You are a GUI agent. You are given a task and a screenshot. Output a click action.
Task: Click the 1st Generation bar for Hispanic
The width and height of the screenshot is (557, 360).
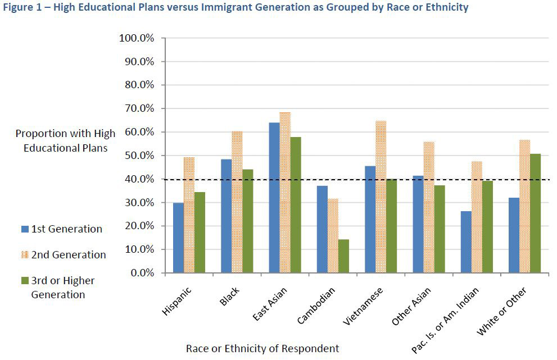178,238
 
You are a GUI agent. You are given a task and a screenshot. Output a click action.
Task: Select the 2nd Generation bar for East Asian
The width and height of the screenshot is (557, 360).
285,193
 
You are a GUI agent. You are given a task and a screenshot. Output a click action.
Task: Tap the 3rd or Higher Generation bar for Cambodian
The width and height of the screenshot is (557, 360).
343,256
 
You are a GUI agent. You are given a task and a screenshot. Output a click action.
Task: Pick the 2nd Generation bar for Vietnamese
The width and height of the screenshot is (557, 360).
381,197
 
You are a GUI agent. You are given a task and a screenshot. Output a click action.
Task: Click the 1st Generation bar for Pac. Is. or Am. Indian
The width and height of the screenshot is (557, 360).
466,242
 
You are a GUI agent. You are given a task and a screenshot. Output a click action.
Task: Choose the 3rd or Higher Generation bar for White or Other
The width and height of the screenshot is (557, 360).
535,213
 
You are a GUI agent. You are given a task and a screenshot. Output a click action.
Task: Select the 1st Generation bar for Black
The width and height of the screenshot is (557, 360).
226,216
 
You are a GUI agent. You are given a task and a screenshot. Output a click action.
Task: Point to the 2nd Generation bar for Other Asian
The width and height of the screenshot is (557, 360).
428,207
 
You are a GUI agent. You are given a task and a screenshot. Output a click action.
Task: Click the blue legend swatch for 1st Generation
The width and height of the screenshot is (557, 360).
24,229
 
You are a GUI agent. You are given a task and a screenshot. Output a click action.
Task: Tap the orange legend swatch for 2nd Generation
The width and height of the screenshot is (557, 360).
24,255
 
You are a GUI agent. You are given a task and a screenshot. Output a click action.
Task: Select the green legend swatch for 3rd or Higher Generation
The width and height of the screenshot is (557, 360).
24,281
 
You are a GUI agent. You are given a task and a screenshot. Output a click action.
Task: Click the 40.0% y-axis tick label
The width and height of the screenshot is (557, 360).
139,179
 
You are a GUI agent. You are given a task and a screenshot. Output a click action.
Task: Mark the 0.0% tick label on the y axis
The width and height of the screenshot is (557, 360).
141,273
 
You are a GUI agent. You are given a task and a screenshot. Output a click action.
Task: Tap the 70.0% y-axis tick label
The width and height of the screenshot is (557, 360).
139,108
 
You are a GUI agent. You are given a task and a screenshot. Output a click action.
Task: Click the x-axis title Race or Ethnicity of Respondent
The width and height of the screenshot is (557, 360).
262,349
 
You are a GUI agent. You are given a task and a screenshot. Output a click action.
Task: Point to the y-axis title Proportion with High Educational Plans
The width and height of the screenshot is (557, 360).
65,141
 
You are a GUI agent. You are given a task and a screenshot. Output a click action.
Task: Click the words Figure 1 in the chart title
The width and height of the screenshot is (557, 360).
23,8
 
